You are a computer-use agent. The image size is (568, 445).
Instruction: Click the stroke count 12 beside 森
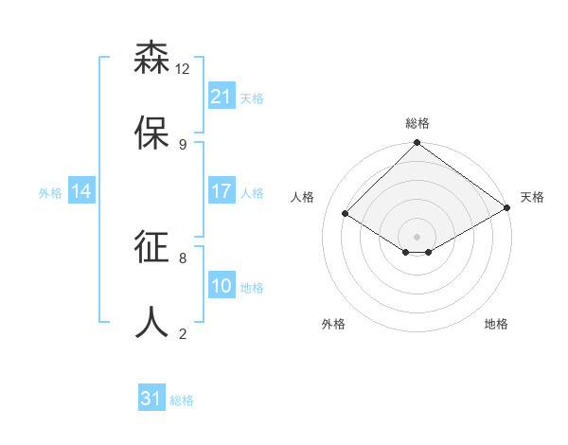(183, 69)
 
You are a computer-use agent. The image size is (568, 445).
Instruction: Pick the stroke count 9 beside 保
(183, 144)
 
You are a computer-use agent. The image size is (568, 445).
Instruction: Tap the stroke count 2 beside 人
(183, 332)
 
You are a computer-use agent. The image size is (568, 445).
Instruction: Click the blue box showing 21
(222, 97)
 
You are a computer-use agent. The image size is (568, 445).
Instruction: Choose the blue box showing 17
(222, 191)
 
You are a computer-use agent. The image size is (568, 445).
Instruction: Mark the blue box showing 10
(222, 286)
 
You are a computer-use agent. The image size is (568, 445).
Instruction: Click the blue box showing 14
(81, 191)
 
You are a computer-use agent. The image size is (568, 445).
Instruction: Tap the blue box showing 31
(151, 399)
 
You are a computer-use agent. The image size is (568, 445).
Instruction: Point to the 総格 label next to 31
(182, 400)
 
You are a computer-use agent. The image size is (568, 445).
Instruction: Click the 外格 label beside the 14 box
(50, 193)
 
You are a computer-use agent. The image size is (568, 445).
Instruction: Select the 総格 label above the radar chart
(417, 123)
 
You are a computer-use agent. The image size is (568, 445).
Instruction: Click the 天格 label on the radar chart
(532, 197)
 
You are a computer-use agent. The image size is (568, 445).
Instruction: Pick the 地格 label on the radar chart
(496, 324)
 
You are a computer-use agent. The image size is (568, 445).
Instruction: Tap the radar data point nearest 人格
(346, 214)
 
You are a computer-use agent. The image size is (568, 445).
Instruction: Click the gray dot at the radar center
(417, 236)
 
